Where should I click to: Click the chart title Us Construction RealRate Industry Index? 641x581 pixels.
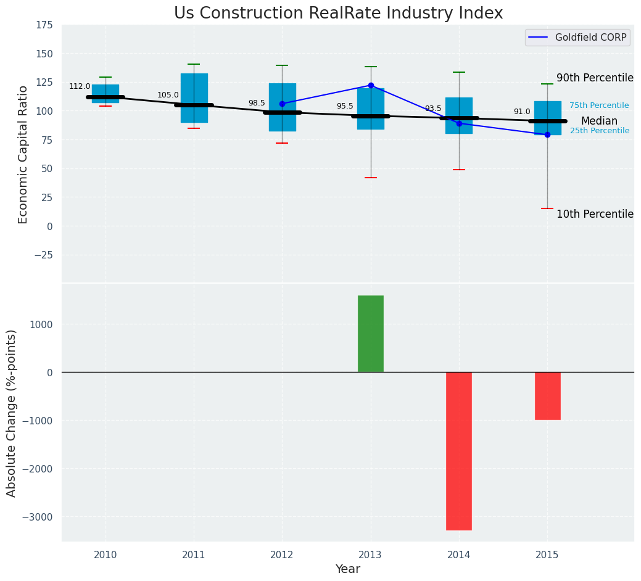[338, 14]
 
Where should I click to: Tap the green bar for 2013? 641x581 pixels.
[371, 334]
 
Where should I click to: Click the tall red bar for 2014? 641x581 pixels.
[459, 450]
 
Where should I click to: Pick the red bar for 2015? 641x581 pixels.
[547, 395]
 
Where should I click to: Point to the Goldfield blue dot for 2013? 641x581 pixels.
[371, 85]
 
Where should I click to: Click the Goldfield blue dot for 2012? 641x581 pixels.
[282, 104]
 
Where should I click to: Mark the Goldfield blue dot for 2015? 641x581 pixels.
[547, 134]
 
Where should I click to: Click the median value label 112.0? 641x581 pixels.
[80, 86]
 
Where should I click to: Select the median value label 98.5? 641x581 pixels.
[257, 103]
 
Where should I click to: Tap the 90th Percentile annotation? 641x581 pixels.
[595, 78]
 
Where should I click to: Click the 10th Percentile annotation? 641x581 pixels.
[595, 214]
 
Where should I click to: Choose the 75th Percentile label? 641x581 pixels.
[599, 105]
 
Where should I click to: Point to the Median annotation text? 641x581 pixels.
[599, 121]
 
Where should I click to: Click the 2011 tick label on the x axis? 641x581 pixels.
[194, 555]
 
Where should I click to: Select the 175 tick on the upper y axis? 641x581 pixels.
[44, 25]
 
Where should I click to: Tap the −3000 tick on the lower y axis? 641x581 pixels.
[39, 517]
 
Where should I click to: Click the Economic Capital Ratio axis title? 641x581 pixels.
[23, 154]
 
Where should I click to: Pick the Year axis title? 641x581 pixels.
[347, 569]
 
